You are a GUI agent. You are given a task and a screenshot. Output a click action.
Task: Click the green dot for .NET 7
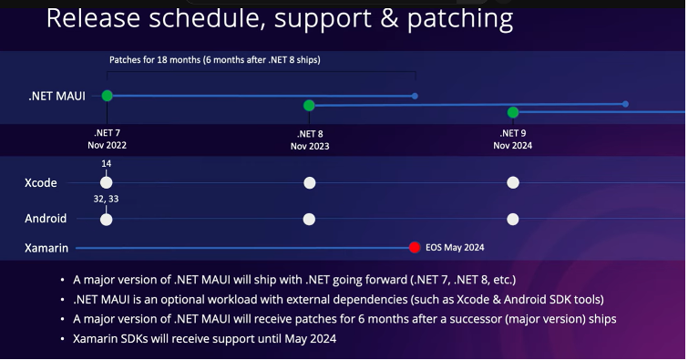[108, 96]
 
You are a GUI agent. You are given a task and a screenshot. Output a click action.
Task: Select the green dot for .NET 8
[309, 106]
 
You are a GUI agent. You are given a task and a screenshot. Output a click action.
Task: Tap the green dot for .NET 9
[513, 112]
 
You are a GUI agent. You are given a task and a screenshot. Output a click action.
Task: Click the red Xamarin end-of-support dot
[415, 247]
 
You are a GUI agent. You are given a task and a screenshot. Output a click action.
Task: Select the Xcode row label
[41, 182]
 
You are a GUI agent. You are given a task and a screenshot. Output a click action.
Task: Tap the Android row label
[46, 219]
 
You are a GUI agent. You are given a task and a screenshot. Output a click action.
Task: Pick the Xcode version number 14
[107, 163]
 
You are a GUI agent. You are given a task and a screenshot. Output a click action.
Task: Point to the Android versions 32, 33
[107, 199]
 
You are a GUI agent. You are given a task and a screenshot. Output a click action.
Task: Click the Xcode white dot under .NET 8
[309, 182]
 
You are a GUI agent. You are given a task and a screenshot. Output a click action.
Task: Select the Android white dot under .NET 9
[513, 219]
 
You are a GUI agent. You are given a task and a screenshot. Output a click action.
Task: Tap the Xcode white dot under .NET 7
[107, 182]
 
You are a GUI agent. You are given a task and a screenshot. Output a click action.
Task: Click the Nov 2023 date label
[310, 146]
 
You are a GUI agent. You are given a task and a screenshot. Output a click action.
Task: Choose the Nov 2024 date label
[513, 145]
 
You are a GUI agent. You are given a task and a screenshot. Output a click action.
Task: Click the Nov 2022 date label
[108, 145]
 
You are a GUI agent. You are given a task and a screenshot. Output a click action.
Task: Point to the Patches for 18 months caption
[214, 60]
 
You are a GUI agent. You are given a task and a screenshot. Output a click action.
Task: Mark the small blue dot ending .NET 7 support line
[415, 96]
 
